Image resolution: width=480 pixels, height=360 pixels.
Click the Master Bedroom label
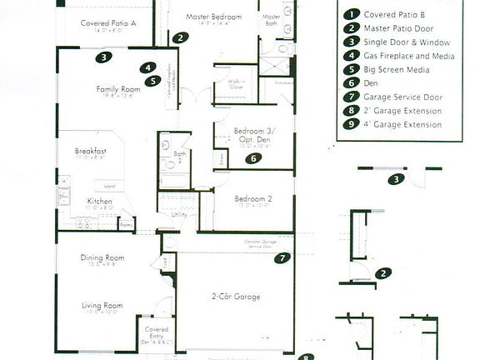214,17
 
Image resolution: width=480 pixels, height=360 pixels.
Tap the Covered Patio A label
108,23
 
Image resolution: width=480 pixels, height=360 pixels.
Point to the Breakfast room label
89,151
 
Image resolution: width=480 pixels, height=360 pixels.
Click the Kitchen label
100,202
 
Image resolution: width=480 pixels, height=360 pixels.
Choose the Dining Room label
102,258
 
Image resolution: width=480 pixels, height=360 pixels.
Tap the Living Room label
102,306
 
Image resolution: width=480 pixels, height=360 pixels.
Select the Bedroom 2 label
252,199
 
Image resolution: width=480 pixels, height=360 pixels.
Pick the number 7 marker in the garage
282,258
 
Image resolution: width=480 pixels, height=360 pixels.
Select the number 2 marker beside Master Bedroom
181,37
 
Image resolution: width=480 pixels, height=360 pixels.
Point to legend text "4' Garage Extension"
402,125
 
